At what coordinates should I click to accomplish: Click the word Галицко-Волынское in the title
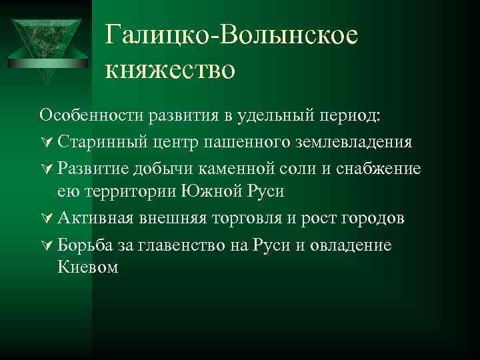[231, 36]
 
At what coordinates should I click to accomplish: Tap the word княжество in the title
[170, 69]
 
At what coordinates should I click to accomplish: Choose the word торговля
[259, 218]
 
